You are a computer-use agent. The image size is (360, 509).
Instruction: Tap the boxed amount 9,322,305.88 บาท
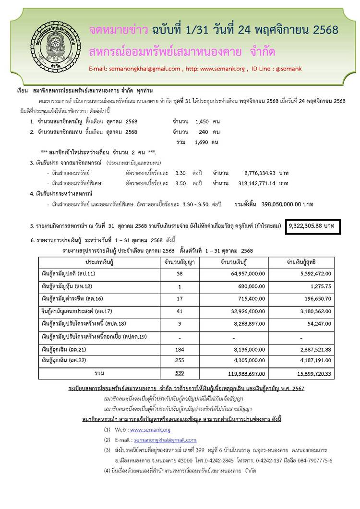tap(313, 225)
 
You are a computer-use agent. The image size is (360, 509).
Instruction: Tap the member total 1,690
tap(204, 142)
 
